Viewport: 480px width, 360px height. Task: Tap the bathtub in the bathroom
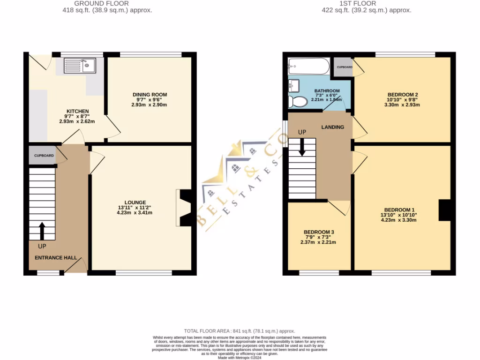[x=309, y=67]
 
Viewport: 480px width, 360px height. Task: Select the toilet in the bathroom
[x=296, y=101]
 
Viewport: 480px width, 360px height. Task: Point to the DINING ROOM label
[x=150, y=95]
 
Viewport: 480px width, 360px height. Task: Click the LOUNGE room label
[x=135, y=202]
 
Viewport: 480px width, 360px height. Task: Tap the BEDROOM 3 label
[x=319, y=232]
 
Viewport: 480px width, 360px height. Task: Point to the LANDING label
[x=332, y=127]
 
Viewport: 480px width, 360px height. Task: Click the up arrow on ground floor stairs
[x=42, y=231]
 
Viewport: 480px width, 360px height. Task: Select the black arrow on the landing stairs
[x=302, y=147]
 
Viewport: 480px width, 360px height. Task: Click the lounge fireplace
[x=183, y=208]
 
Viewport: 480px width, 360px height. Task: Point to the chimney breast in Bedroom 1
[x=444, y=210]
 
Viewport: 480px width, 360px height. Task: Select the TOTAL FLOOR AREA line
[x=240, y=331]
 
